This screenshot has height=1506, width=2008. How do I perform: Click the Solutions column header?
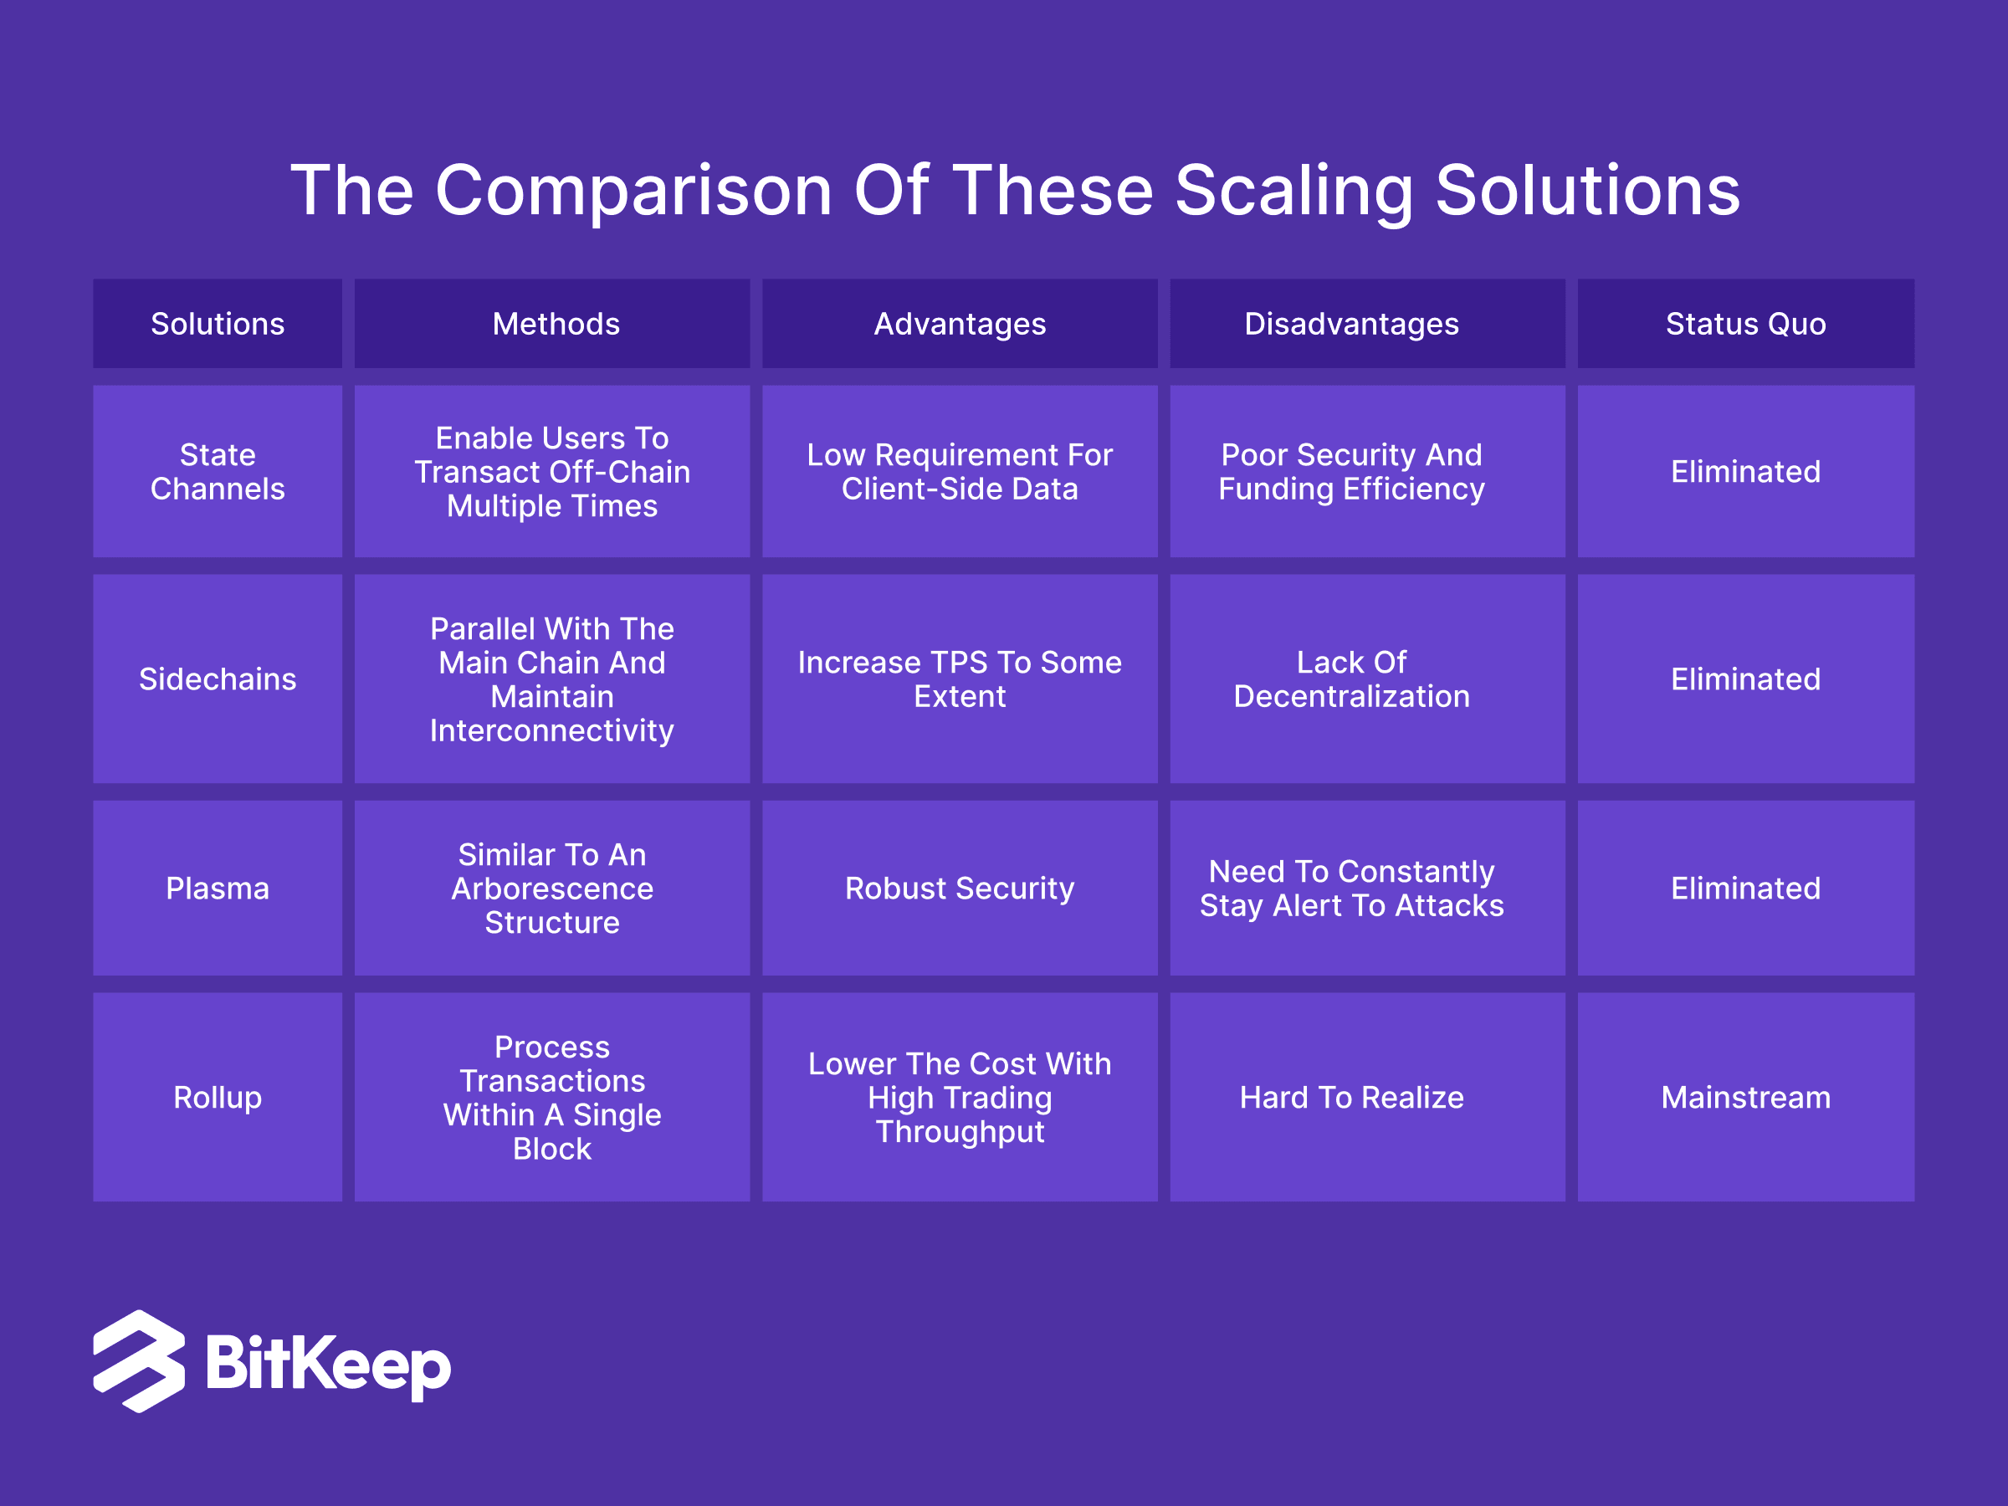(217, 324)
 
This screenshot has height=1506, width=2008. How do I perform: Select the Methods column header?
(552, 324)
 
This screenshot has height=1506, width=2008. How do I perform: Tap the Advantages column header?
(960, 324)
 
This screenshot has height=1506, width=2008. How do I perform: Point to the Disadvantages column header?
(1367, 324)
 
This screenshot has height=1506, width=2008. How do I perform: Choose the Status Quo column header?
(1745, 324)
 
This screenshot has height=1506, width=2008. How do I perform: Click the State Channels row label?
(217, 471)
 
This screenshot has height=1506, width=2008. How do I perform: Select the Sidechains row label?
(217, 679)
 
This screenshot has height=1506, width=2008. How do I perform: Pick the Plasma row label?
(217, 888)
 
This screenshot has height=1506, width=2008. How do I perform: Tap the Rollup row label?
(217, 1097)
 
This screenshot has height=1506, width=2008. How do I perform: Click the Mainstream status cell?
(1745, 1097)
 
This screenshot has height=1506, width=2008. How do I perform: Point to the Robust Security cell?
(960, 888)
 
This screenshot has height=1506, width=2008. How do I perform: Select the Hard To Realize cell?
(1367, 1097)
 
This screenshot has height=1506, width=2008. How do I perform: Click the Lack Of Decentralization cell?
(1367, 679)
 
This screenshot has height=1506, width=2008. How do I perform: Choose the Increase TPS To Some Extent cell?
(960, 679)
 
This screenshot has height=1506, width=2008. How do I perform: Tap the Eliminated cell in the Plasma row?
(1745, 888)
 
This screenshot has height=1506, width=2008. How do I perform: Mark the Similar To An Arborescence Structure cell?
(552, 888)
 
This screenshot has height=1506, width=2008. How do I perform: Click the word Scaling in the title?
(1293, 192)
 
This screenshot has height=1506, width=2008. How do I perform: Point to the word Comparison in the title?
(633, 191)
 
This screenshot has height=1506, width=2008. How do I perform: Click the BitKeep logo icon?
(139, 1360)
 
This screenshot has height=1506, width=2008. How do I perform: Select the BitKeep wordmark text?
(328, 1364)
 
